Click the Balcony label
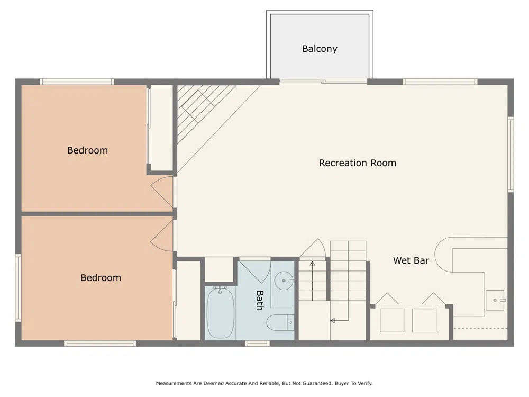click(x=320, y=49)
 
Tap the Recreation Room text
click(x=357, y=163)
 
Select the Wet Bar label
click(x=411, y=260)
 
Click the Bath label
click(x=259, y=300)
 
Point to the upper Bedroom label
click(x=87, y=150)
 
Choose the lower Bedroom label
click(x=101, y=278)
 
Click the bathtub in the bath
click(x=221, y=313)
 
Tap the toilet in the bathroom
click(x=280, y=322)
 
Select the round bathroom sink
click(x=284, y=281)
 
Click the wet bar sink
click(x=495, y=300)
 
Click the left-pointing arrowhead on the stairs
click(x=333, y=320)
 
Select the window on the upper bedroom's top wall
click(x=77, y=82)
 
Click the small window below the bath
click(x=257, y=344)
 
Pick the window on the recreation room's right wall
click(x=511, y=154)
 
